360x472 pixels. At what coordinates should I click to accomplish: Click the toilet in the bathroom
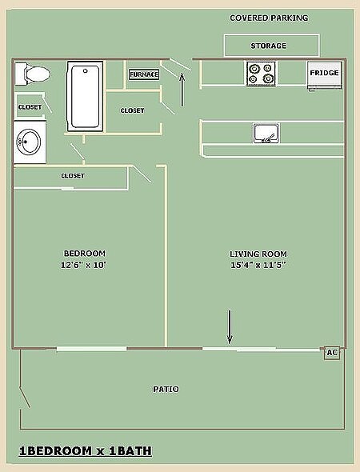coord(33,74)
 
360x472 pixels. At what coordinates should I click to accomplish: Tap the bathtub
coord(85,96)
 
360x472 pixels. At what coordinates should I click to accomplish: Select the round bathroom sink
coord(29,142)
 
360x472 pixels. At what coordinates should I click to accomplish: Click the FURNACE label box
coord(144,74)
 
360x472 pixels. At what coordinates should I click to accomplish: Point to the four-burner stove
coord(261,74)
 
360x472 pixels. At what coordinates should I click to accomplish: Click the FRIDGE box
coord(325,75)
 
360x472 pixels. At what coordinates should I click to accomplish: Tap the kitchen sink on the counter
coord(266,133)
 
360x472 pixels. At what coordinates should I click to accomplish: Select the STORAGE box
coord(271,45)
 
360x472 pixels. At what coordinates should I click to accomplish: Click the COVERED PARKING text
coord(269,18)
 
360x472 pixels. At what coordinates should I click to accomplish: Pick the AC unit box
coord(332,353)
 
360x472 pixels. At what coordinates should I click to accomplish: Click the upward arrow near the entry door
coord(182,90)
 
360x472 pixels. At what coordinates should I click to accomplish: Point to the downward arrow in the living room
coord(230,327)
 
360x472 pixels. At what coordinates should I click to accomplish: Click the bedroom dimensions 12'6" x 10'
coord(84,265)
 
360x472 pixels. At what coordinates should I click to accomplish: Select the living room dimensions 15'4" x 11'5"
coord(258,265)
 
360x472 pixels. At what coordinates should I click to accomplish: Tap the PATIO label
coord(166,390)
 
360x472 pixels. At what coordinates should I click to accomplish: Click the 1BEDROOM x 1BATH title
coord(86,451)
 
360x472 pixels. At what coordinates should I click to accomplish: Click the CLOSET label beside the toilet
coord(30,107)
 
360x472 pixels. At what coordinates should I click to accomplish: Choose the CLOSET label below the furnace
coord(133,110)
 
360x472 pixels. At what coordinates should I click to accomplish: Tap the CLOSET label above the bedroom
coord(73,175)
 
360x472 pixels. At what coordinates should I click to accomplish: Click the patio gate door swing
coord(25,398)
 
